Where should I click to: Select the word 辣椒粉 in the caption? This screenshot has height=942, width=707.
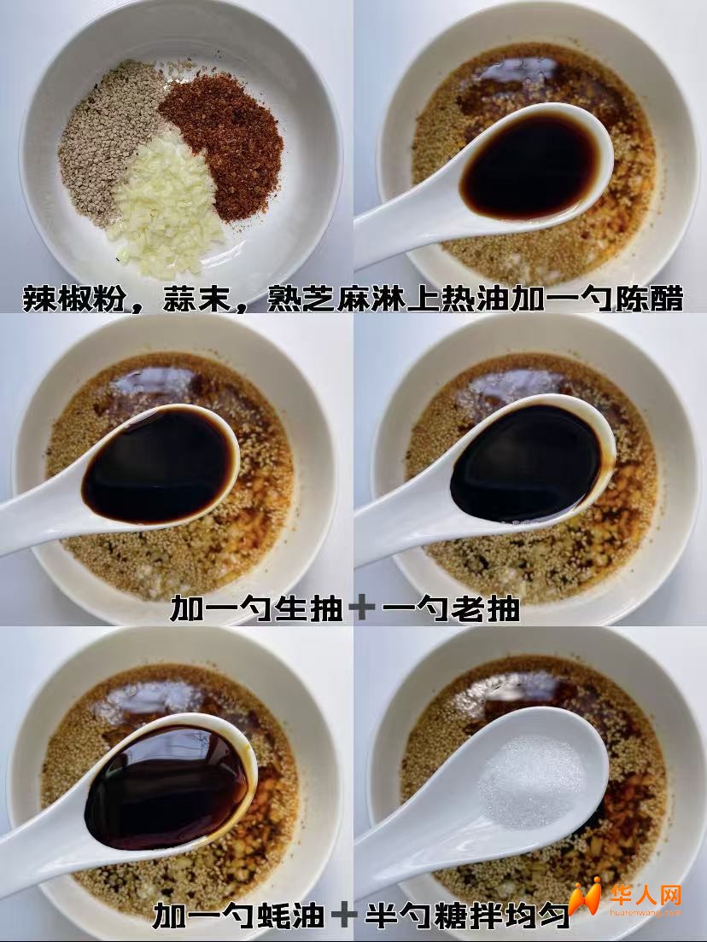pos(74,299)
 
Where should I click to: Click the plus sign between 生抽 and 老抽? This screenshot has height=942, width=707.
pos(362,608)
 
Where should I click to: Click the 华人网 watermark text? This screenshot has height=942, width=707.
pos(646,895)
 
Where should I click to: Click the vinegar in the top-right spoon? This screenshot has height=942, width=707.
pos(530,166)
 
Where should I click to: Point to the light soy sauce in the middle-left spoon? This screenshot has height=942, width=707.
pos(159,466)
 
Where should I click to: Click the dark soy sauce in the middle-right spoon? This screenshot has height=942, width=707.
pos(525,462)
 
